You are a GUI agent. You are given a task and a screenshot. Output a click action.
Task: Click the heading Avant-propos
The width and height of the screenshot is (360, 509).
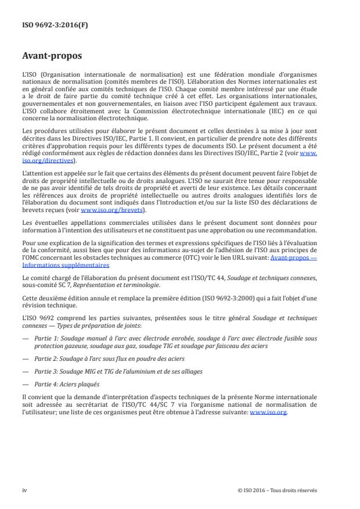52,57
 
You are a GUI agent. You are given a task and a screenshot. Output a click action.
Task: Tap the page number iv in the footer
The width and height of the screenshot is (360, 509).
24,490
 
